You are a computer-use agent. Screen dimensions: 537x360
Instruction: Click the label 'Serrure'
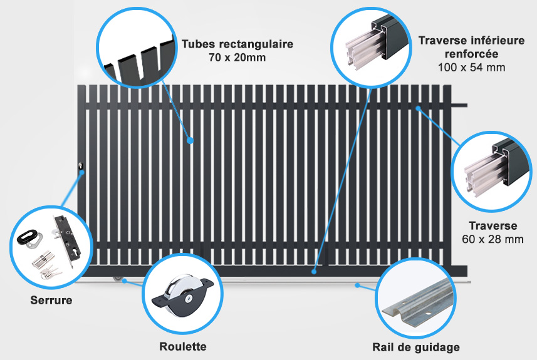click(x=51, y=300)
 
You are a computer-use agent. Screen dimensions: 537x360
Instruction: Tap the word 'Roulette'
click(x=183, y=346)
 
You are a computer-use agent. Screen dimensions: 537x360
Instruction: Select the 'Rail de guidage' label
click(x=416, y=347)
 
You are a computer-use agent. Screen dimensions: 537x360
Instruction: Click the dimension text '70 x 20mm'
click(x=237, y=58)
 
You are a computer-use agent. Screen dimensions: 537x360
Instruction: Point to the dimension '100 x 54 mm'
click(x=472, y=68)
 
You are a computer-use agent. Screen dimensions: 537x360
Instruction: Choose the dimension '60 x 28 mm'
click(x=493, y=239)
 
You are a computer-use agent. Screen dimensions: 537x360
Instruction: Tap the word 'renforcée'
click(x=472, y=54)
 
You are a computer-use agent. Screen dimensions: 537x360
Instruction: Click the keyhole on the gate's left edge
click(x=81, y=166)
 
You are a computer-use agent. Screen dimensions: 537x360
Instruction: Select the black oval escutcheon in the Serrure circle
click(x=29, y=237)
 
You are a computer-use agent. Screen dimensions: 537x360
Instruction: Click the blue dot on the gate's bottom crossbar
click(x=314, y=272)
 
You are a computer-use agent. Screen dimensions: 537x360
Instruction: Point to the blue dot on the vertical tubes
click(x=190, y=140)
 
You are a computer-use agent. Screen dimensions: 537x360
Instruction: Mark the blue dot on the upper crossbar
click(x=418, y=108)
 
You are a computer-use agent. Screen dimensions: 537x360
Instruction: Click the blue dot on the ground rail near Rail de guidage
click(x=357, y=285)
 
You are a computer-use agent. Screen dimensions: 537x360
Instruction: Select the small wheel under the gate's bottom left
click(x=118, y=279)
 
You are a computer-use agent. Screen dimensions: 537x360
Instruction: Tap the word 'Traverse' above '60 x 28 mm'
click(x=493, y=226)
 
